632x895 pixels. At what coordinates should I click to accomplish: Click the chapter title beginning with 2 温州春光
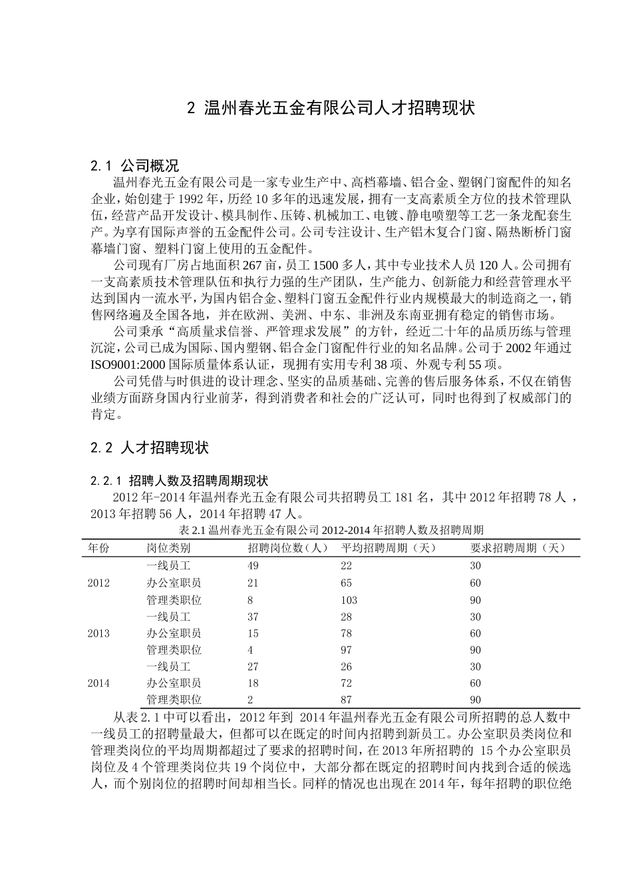tap(331, 109)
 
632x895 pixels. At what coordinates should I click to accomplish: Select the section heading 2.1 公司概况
tap(135, 166)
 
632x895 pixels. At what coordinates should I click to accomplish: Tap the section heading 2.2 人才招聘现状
tap(150, 448)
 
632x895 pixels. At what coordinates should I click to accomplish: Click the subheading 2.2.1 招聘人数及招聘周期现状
tap(179, 481)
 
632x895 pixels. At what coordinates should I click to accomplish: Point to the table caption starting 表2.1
tap(331, 531)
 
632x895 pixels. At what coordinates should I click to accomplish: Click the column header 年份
tap(98, 548)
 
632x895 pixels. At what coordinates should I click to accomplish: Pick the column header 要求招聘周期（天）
tap(518, 548)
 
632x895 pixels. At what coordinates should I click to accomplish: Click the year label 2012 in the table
tap(98, 583)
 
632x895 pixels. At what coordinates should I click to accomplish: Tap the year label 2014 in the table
tap(98, 683)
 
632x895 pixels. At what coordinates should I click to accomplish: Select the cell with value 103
tap(349, 599)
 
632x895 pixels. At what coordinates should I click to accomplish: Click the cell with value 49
tap(253, 566)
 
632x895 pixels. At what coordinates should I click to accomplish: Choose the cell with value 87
tap(346, 700)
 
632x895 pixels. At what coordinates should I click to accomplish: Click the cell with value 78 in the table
tap(346, 633)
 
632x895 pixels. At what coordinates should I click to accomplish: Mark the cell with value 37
tap(253, 617)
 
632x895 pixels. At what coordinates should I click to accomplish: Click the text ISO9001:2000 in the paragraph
tap(128, 365)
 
